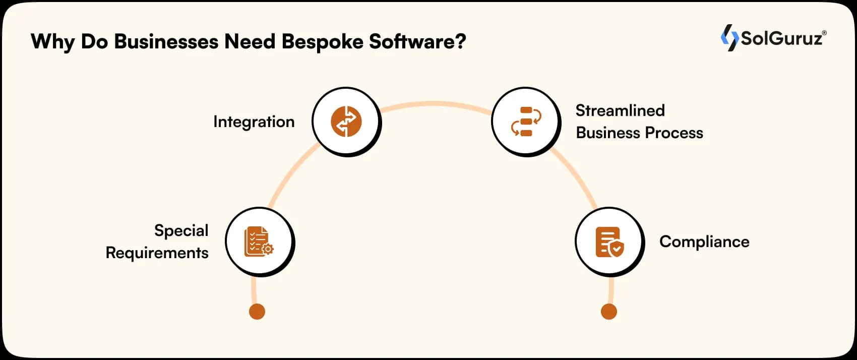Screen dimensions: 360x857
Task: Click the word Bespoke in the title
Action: tap(323, 41)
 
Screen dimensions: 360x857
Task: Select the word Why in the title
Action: tap(52, 41)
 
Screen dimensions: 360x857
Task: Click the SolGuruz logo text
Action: tap(782, 38)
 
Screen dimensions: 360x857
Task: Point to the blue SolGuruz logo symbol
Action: tap(729, 38)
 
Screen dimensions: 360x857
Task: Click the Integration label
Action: tap(254, 122)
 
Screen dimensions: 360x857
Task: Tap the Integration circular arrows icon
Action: tap(346, 122)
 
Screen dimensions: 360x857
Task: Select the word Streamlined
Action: tap(620, 110)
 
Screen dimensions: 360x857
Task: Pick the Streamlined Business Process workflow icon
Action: tap(526, 122)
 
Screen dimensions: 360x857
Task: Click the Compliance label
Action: tap(704, 242)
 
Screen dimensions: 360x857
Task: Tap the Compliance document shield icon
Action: tap(609, 242)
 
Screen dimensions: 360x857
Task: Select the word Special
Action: tap(181, 230)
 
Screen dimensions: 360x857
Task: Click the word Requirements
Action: tap(157, 253)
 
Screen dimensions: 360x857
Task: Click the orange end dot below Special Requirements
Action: tap(257, 312)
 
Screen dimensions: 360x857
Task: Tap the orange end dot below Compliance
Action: tap(609, 312)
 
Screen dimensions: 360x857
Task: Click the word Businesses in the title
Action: tap(166, 41)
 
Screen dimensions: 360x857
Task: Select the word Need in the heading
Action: tap(250, 41)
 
